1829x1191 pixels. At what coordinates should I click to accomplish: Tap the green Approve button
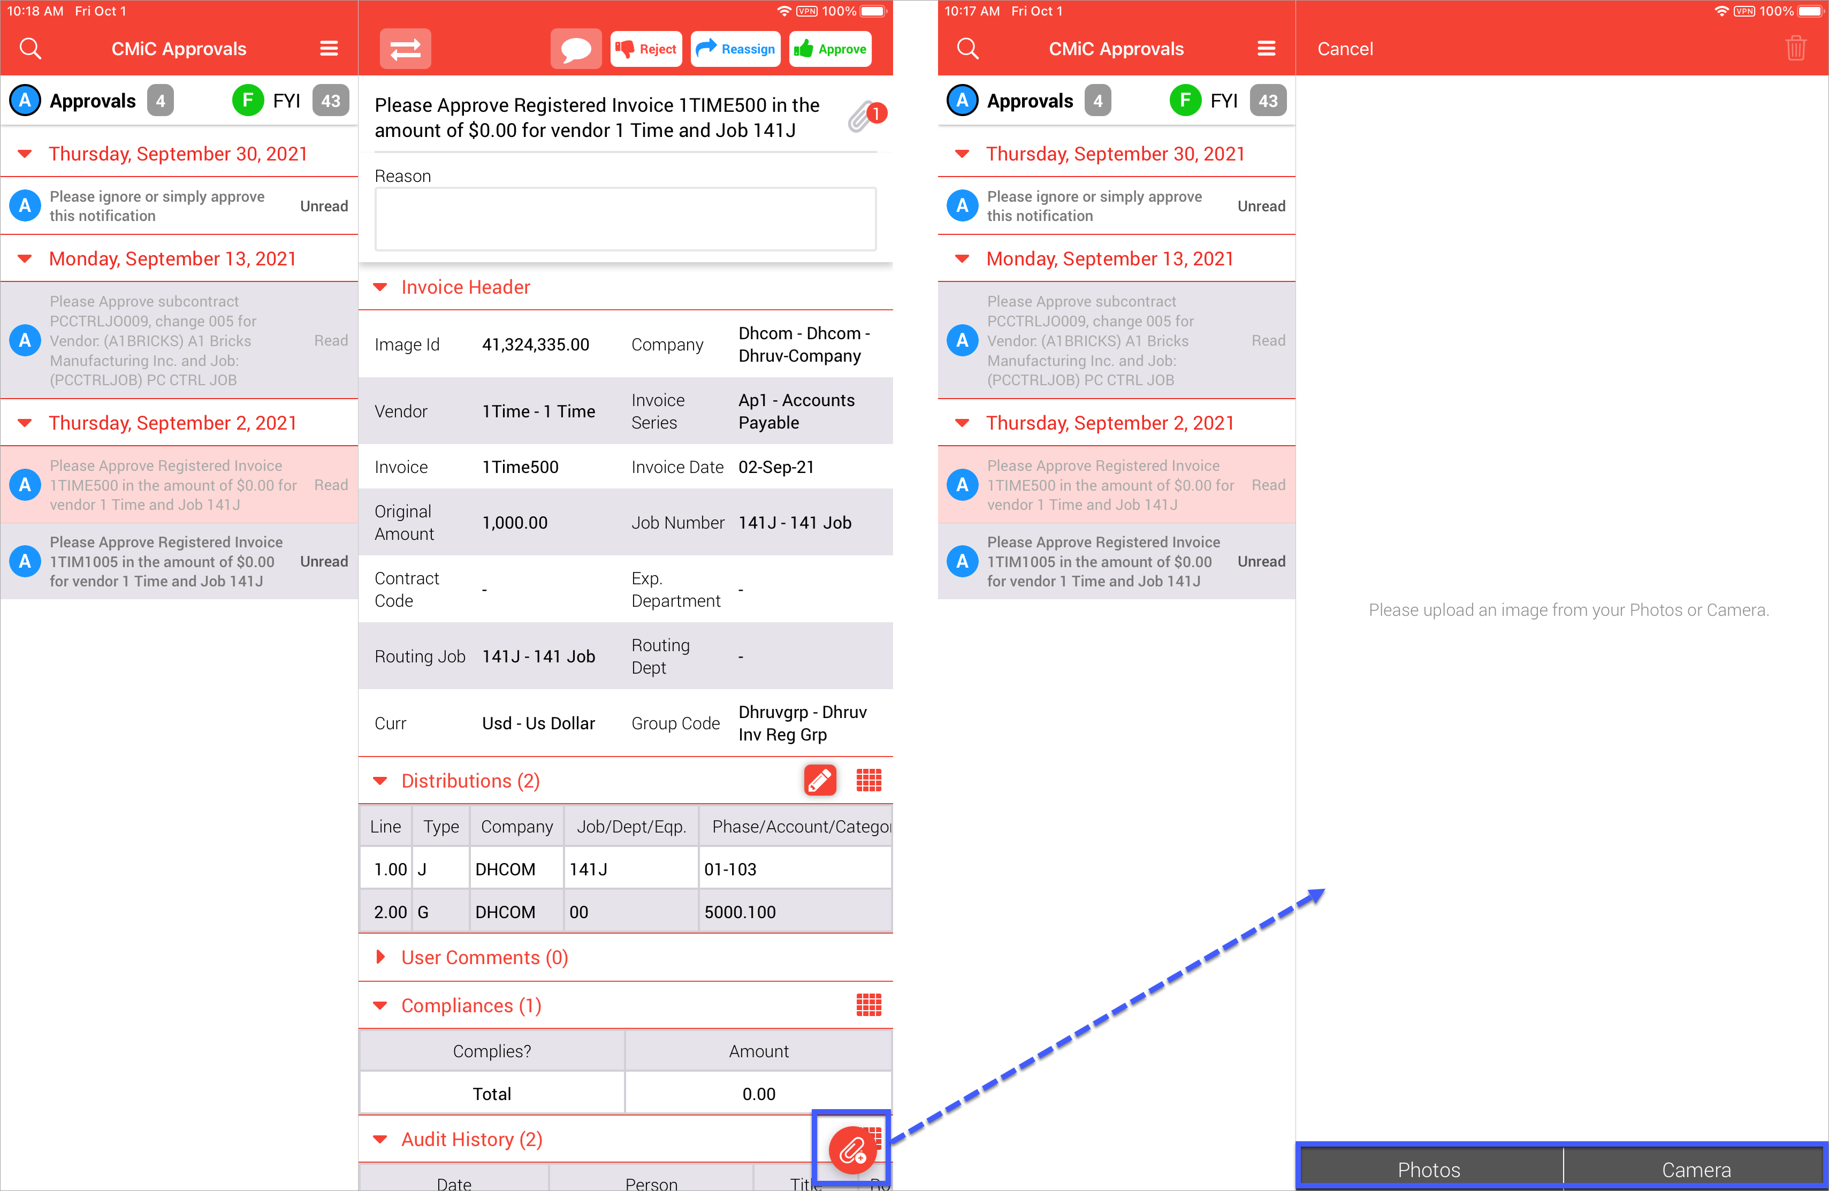[x=830, y=49]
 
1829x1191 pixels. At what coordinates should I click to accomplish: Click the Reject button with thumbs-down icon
[x=646, y=49]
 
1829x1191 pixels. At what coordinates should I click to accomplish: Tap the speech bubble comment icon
[x=576, y=49]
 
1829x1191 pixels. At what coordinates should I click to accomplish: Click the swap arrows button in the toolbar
[x=405, y=49]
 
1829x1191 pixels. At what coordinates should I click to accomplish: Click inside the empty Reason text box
[x=625, y=219]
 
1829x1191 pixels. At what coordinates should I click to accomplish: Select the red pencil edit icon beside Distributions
[x=820, y=780]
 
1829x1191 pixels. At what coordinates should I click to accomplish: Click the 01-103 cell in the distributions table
[x=730, y=869]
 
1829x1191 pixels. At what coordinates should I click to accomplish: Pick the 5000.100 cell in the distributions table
[x=740, y=912]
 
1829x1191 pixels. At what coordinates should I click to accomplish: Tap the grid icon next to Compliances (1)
[x=869, y=1005]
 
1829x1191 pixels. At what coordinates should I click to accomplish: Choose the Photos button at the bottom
[x=1429, y=1169]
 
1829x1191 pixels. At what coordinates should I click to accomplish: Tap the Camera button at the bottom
[x=1696, y=1169]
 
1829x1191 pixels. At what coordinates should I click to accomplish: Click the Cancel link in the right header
[x=1345, y=49]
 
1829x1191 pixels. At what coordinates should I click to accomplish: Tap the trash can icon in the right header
[x=1796, y=48]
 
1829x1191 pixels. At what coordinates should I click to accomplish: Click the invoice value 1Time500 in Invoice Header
[x=520, y=467]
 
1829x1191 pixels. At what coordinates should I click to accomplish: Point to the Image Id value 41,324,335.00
[x=536, y=345]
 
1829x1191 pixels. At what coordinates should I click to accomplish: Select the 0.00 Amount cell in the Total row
[x=758, y=1094]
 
